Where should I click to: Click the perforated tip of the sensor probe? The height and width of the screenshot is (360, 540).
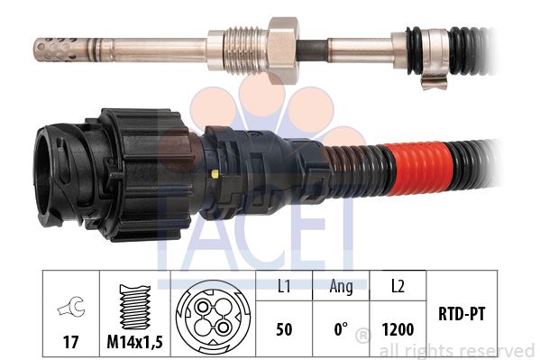click(x=56, y=50)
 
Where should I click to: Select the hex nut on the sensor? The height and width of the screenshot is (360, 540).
click(x=283, y=51)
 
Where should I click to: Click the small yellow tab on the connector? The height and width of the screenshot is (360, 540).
click(x=215, y=174)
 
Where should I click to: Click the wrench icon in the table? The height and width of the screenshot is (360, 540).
click(x=71, y=306)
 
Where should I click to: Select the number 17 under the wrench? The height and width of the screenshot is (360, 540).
click(x=70, y=342)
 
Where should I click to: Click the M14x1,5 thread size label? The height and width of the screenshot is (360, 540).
click(x=134, y=342)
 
